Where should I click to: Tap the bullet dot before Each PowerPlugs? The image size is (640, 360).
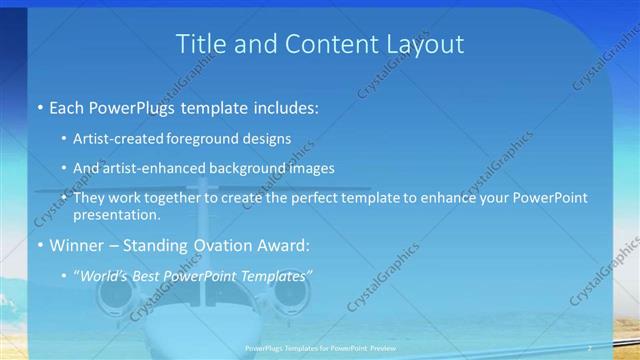click(38, 106)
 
